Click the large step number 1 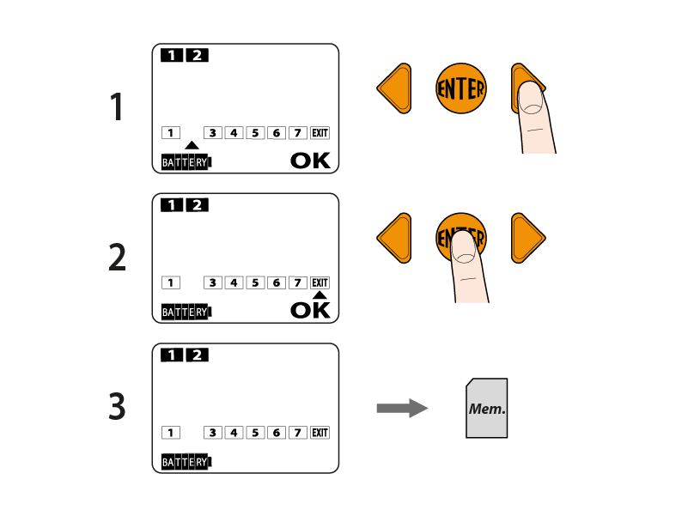(117, 108)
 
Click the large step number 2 (117, 258)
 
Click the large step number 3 (117, 407)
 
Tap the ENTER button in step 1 (461, 88)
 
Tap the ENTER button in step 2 (461, 238)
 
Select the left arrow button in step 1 (394, 88)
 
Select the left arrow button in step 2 (394, 238)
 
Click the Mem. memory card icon (487, 409)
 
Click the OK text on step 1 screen (309, 161)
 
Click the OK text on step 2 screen (309, 310)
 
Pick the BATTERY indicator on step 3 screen (186, 462)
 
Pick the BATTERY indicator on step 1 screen (186, 161)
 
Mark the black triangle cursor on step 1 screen (192, 145)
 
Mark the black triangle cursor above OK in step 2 (320, 295)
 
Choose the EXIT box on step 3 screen (320, 433)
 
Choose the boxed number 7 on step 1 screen (298, 133)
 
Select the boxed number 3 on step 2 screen (212, 282)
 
